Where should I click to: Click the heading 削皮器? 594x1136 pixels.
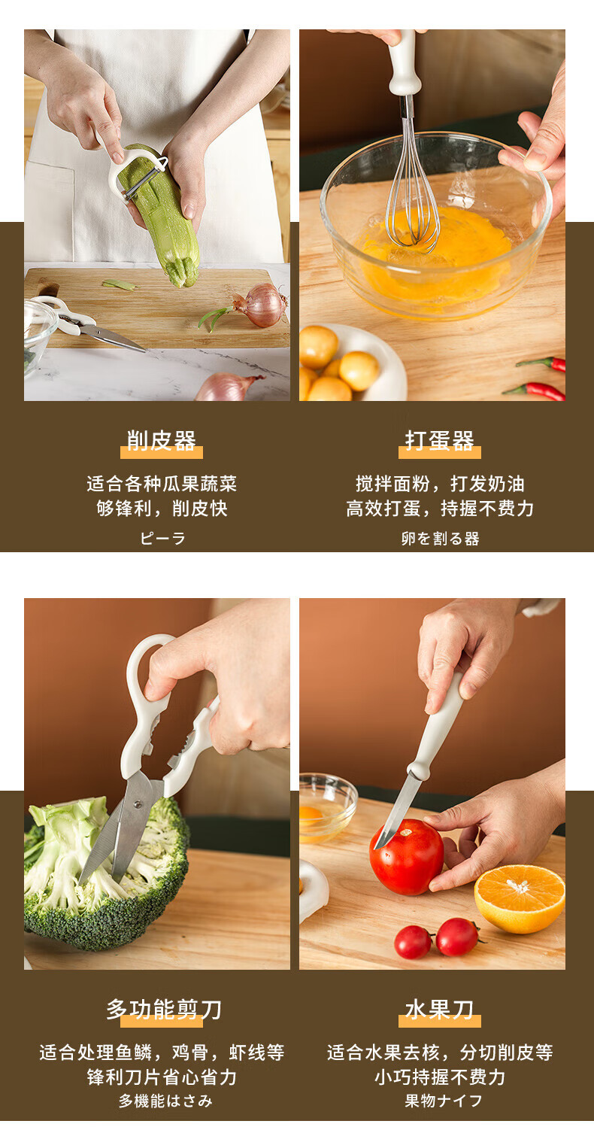coord(161,441)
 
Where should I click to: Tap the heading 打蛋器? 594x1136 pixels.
coord(439,441)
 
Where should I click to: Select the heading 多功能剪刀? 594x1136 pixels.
coord(164,1009)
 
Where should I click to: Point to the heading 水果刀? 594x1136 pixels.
coord(439,1009)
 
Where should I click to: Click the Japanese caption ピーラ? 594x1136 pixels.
coord(162,538)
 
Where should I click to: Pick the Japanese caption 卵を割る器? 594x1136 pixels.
coord(440,538)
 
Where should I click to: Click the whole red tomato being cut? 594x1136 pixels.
coord(407,856)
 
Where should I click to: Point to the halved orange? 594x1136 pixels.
coord(520,898)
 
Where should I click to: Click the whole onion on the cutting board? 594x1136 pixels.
coord(259,305)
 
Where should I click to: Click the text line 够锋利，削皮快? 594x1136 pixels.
coord(162,508)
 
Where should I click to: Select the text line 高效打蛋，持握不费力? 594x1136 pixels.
coord(440,508)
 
